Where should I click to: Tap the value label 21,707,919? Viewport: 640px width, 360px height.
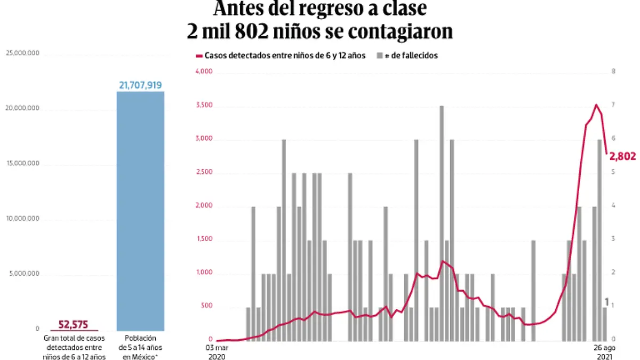(140, 85)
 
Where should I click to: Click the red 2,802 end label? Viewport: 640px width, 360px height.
(623, 156)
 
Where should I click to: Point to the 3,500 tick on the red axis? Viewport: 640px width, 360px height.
(205, 106)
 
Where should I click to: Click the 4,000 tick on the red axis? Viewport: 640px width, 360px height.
(205, 72)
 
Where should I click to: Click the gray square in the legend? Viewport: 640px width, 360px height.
(380, 55)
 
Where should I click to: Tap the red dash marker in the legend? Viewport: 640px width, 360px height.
(199, 55)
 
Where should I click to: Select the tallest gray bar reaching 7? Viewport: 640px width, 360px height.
(442, 223)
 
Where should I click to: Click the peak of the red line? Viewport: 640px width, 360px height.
(596, 105)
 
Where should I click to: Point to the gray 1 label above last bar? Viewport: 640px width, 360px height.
(606, 302)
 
